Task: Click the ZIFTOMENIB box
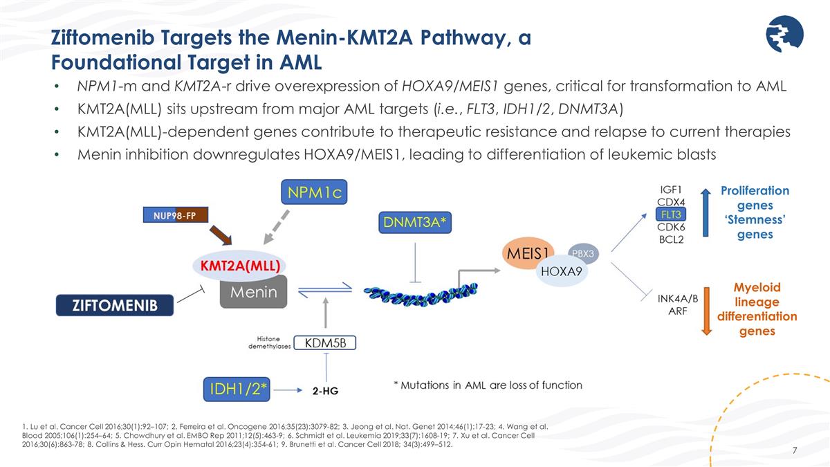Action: coord(113,305)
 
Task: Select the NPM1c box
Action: coord(313,191)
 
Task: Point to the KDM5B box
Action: coord(324,342)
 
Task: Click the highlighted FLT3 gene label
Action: coord(672,214)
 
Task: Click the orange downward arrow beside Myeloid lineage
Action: coord(706,311)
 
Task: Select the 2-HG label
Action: coord(324,391)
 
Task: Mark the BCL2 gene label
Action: coord(672,239)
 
